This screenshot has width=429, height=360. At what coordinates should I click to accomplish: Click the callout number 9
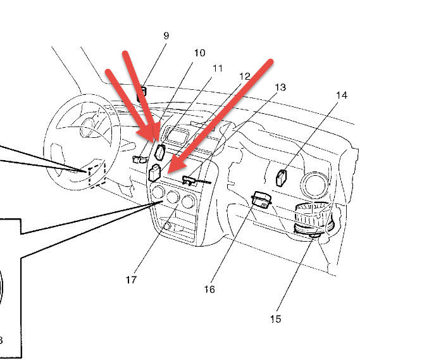[x=166, y=36]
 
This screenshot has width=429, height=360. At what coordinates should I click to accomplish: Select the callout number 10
[x=199, y=53]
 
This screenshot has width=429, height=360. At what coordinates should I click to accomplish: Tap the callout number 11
[x=217, y=68]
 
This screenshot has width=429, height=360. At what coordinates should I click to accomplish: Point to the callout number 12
[x=245, y=76]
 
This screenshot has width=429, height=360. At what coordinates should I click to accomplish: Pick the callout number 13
[x=280, y=87]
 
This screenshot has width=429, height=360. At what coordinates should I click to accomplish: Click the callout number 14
[x=342, y=96]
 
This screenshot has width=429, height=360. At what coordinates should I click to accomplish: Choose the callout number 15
[x=275, y=320]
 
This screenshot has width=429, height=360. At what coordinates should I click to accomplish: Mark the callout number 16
[x=209, y=290]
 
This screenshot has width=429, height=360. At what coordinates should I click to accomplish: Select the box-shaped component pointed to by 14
[x=282, y=177]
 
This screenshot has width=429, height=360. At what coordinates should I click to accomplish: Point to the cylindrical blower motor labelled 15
[x=311, y=221]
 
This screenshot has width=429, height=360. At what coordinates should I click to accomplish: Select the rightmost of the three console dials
[x=187, y=202]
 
